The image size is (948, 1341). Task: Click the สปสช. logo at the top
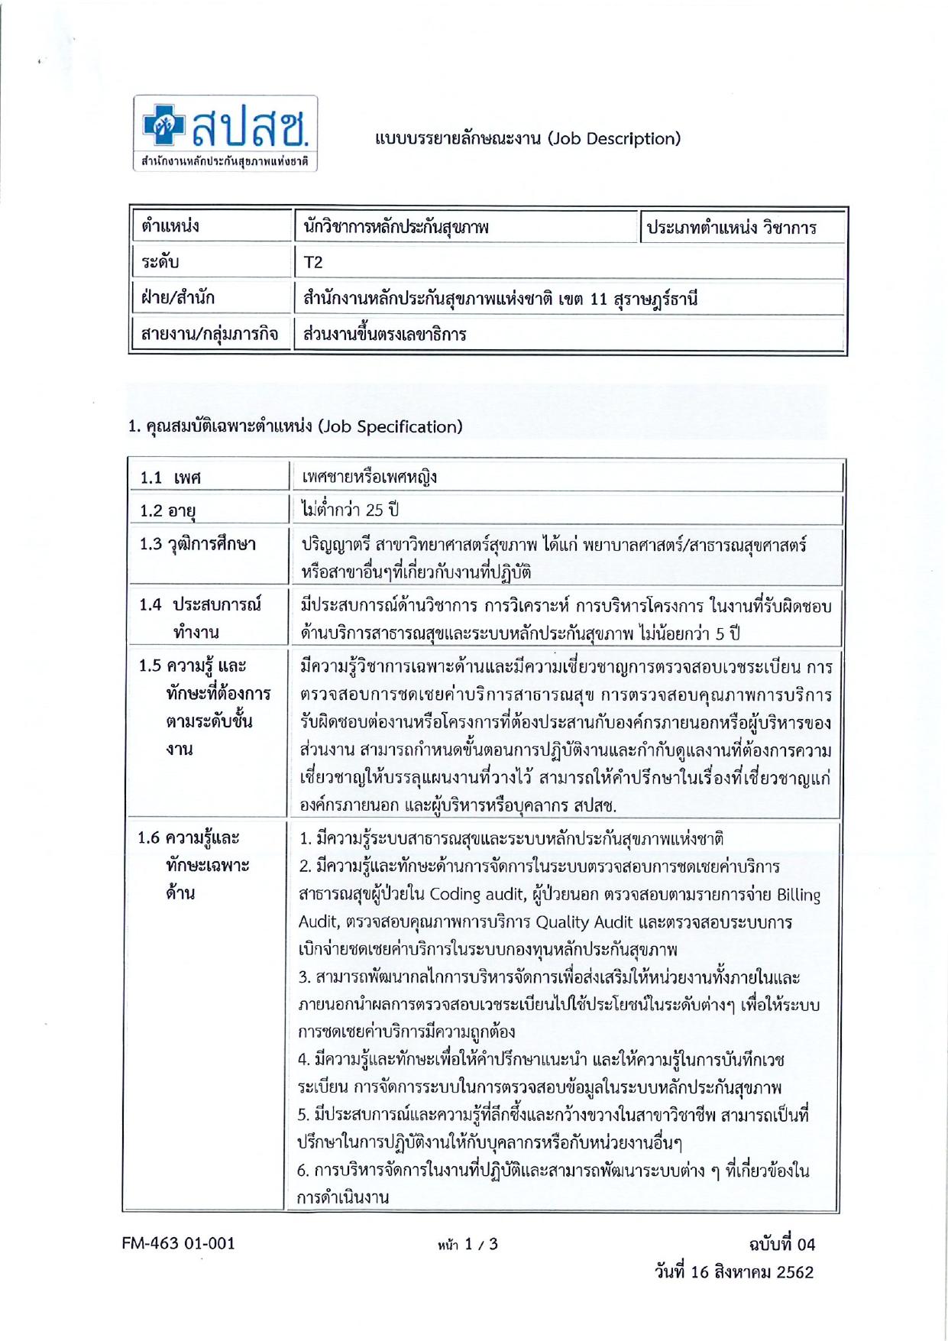(x=225, y=133)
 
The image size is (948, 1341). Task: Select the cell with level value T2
(x=313, y=262)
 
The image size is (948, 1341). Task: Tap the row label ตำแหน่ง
(x=170, y=226)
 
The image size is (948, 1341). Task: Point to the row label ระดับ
(x=160, y=262)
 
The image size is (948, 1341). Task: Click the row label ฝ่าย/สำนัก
(x=178, y=298)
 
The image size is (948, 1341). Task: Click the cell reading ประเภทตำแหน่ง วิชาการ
(x=731, y=228)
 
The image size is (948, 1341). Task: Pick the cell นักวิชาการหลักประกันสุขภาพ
(x=396, y=227)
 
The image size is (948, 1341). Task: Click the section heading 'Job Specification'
(x=390, y=426)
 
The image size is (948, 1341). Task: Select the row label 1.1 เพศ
(x=170, y=478)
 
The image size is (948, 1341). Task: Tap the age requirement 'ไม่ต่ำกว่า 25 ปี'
(x=350, y=510)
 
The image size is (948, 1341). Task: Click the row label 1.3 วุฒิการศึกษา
(x=197, y=545)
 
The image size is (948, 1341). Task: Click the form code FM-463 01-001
(x=179, y=1243)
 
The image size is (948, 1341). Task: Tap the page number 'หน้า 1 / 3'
(x=468, y=1244)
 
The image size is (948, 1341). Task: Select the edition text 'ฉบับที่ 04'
(x=781, y=1244)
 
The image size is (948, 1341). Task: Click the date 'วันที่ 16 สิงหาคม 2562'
(x=733, y=1272)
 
